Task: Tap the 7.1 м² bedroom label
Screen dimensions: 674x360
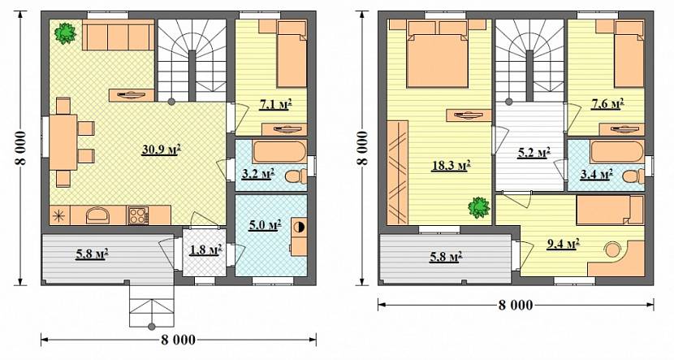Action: (276, 104)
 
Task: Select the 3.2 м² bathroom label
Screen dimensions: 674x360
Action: (258, 175)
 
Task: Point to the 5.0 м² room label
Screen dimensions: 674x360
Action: (266, 225)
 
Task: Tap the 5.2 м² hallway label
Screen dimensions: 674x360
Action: (534, 153)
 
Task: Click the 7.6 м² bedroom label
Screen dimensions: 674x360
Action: (607, 103)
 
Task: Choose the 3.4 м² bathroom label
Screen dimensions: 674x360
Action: (596, 175)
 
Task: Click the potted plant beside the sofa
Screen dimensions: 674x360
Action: (65, 33)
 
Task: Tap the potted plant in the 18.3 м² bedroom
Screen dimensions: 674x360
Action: (479, 208)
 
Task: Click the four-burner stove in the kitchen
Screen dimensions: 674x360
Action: (137, 215)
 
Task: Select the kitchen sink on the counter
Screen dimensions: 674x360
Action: (98, 215)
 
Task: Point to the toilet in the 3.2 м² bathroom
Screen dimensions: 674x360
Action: (296, 176)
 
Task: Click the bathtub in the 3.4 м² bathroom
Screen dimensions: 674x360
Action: (617, 152)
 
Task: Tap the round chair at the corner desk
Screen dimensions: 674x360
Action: (612, 249)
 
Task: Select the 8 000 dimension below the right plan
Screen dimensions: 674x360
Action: (516, 305)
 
